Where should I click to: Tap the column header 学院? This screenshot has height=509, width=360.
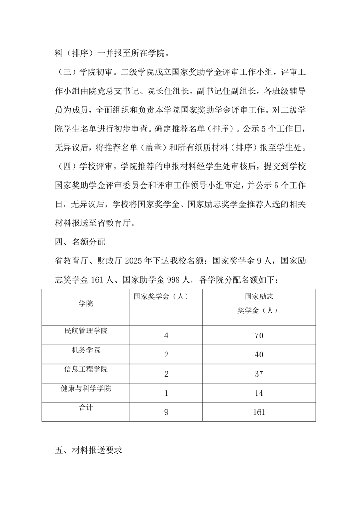85,303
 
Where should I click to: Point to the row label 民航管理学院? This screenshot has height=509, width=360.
86,331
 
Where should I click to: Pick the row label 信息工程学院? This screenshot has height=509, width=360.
86,369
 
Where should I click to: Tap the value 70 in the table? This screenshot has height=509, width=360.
259,336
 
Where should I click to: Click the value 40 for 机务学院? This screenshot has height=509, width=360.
259,355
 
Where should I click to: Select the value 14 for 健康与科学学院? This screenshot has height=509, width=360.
259,393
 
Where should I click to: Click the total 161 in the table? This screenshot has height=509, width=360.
259,412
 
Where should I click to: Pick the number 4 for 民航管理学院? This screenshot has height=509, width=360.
166,336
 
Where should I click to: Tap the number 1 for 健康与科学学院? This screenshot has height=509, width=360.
166,393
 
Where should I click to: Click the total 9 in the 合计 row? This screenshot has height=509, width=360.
166,412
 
